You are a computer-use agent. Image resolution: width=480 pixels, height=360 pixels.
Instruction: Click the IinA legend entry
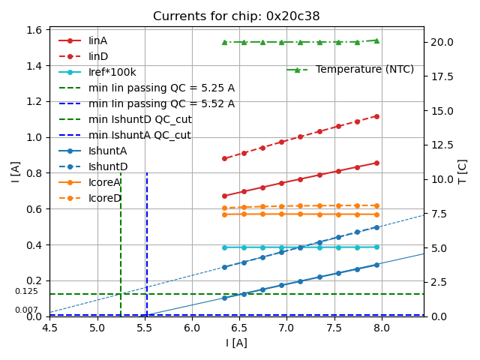pos(98,40)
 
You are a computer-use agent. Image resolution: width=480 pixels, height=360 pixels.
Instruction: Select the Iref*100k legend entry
pos(112,72)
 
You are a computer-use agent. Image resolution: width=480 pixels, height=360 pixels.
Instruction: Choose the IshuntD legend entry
pos(108,166)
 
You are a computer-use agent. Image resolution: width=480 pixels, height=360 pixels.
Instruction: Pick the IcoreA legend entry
pos(104,182)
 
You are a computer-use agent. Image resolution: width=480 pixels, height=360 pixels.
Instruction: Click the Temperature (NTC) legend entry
pos(364,69)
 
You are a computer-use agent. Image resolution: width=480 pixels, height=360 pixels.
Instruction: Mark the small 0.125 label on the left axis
pos(26,291)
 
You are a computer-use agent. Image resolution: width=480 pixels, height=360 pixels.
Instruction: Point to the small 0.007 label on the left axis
pos(26,310)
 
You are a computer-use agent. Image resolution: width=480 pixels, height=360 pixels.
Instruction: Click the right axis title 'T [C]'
pos(463,172)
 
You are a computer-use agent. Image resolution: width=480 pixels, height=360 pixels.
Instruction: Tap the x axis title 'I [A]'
pos(236,343)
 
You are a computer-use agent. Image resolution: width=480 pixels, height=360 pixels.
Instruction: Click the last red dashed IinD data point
pos(376,116)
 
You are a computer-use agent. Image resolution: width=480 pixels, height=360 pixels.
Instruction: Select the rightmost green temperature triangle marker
pos(376,40)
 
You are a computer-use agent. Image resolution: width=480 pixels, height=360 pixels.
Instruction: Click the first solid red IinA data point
pos(224,196)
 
